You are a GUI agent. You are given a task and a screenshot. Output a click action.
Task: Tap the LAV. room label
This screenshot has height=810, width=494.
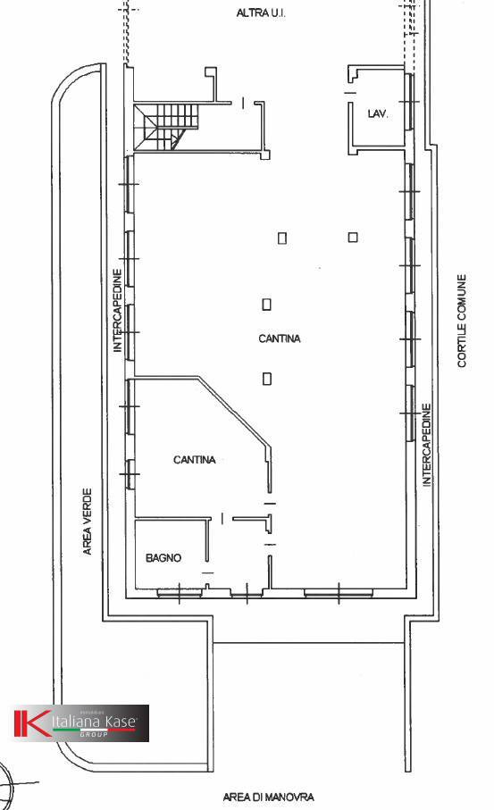377,114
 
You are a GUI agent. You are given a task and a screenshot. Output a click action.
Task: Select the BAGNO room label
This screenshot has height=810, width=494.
163,558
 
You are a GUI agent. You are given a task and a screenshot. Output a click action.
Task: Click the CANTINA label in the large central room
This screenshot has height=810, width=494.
280,339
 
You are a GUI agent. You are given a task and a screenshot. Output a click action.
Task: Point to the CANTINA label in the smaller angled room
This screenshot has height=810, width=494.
194,460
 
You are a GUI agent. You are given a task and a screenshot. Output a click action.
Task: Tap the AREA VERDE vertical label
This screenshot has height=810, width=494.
88,521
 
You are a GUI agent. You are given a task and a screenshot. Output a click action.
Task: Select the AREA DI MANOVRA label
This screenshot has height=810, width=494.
268,797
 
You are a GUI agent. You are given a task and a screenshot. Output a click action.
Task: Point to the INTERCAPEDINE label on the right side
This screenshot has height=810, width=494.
427,444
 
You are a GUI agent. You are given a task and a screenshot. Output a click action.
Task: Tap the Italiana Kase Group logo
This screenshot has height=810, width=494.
80,723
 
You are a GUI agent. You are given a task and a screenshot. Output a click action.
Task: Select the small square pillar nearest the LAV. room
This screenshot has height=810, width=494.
353,237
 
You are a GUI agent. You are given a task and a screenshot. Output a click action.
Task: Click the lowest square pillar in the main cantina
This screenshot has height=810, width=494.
267,379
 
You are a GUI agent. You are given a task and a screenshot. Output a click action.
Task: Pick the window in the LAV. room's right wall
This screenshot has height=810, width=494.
410,102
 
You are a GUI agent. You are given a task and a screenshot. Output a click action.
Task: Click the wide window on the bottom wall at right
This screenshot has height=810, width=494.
338,591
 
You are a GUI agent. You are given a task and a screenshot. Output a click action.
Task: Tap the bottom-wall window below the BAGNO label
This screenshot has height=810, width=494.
178,591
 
